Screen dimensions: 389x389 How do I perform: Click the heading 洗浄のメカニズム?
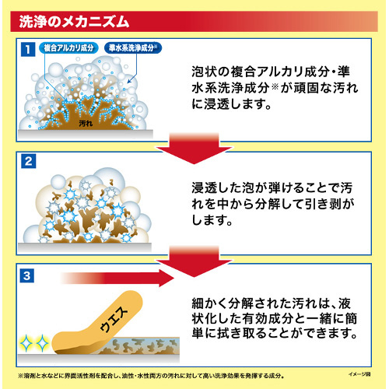pyautogui.click(x=74, y=22)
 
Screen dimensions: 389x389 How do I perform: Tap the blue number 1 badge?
pyautogui.click(x=28, y=49)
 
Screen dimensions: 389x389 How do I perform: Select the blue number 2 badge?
pyautogui.click(x=28, y=161)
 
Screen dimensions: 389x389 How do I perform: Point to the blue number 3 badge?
pyautogui.click(x=27, y=275)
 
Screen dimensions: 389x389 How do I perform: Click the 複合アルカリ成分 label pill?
pyautogui.click(x=68, y=48)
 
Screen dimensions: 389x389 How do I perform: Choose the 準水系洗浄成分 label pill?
pyautogui.click(x=133, y=48)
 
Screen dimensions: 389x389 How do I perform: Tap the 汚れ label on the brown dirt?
pyautogui.click(x=86, y=124)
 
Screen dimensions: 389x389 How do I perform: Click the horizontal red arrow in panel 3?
pyautogui.click(x=117, y=278)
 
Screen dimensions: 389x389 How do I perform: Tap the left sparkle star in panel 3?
pyautogui.click(x=26, y=343)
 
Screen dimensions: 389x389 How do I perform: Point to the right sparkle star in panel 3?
pyautogui.click(x=42, y=343)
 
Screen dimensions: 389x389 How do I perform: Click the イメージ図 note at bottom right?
pyautogui.click(x=359, y=374)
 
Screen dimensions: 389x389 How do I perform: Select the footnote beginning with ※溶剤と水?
pyautogui.click(x=151, y=376)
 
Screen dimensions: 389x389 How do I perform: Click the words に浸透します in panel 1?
pyautogui.click(x=231, y=104)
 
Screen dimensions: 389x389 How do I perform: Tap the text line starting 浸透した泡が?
pyautogui.click(x=272, y=187)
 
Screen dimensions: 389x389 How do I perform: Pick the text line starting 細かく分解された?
pyautogui.click(x=272, y=303)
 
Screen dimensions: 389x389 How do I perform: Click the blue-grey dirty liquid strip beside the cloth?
pyautogui.click(x=145, y=345)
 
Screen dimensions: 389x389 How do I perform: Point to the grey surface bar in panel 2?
pyautogui.click(x=85, y=247)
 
